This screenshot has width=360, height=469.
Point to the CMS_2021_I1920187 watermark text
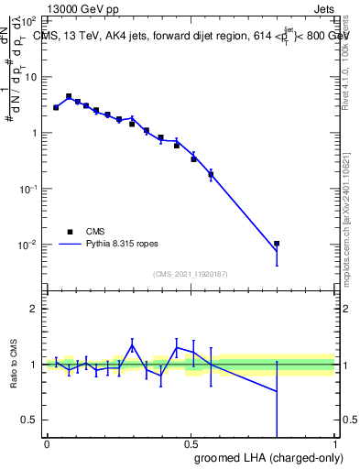[x=191, y=273]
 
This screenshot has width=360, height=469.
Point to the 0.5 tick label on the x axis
[x=191, y=443]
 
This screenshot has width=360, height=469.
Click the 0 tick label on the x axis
[x=47, y=443]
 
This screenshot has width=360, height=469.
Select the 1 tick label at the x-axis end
[x=335, y=443]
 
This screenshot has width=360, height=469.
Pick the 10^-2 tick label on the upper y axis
[x=28, y=245]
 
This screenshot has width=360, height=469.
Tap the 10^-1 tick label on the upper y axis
[x=28, y=189]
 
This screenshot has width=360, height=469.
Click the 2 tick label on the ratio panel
[x=34, y=309]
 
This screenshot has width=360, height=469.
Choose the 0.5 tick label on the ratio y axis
[x=30, y=420]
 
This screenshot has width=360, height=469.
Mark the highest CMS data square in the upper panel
[x=69, y=96]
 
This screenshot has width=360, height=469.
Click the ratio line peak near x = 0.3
[x=132, y=345]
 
